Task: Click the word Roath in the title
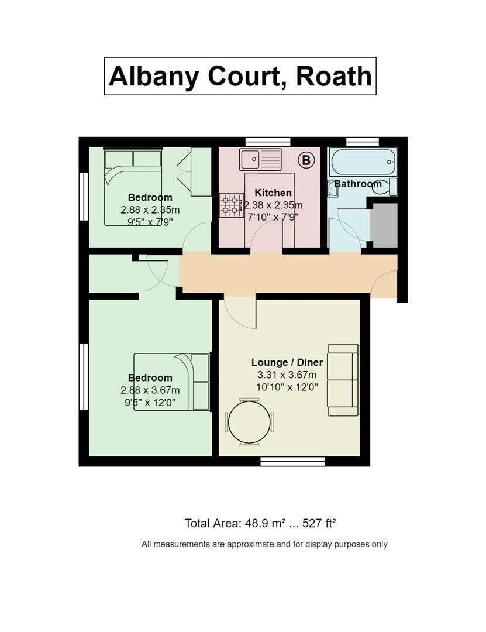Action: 334,76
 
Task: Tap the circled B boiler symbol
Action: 306,160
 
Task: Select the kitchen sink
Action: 260,160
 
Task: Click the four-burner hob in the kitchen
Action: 232,205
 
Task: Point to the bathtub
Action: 363,162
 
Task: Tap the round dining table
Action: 250,422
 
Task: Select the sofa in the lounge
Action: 343,380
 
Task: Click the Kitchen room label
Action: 273,193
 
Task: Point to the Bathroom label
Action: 358,184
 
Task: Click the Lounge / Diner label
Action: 287,362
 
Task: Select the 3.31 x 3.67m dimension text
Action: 287,375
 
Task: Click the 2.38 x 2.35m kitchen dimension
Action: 273,205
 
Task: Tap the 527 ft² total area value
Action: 319,523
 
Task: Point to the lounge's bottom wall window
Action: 292,462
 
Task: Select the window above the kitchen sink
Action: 268,142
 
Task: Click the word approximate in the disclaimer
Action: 250,544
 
